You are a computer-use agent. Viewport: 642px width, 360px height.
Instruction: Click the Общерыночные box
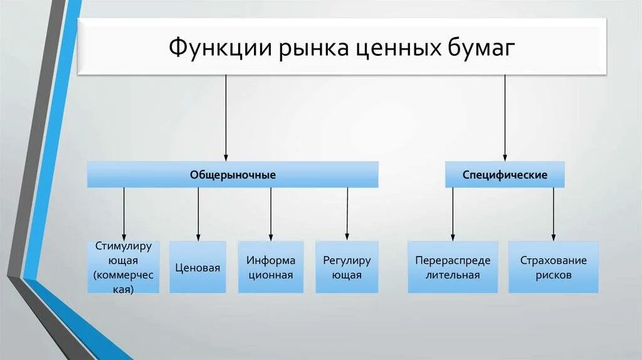coord(233,175)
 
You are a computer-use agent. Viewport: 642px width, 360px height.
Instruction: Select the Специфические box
coord(505,175)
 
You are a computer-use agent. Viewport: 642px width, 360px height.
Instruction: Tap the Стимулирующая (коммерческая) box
coord(123,267)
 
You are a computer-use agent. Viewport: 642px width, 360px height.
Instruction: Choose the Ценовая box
coord(197,268)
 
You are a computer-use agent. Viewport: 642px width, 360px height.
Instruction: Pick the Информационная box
coord(270,268)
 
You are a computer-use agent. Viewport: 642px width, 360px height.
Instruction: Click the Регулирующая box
coord(347,268)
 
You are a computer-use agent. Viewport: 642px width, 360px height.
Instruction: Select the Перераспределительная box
coord(453,268)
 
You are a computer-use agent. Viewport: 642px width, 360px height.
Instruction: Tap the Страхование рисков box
coord(553,268)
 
